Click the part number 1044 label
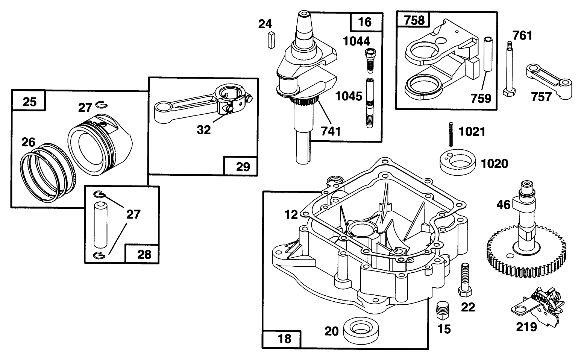click(357, 41)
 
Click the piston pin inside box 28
click(101, 223)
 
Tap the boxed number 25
click(29, 102)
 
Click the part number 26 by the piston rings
click(28, 142)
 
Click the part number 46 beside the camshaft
click(504, 204)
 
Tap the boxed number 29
click(242, 166)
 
